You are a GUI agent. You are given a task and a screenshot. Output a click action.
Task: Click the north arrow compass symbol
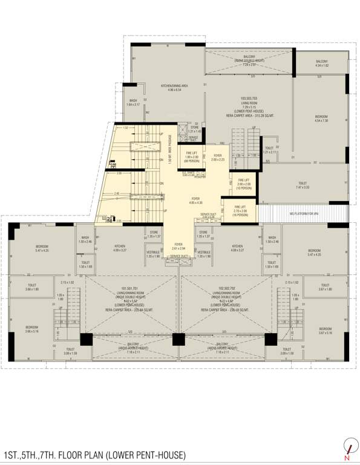click(x=347, y=446)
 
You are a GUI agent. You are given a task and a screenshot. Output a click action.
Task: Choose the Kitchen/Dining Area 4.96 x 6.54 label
click(x=174, y=88)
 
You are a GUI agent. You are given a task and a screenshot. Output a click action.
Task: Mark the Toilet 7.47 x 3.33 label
click(x=303, y=185)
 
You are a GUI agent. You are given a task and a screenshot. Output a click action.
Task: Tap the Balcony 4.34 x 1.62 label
click(x=321, y=63)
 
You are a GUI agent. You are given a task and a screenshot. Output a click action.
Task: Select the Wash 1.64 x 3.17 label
click(x=133, y=103)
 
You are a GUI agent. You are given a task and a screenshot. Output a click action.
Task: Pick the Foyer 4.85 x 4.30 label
click(x=196, y=200)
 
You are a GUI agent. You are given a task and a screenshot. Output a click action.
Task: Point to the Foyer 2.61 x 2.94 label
click(x=178, y=246)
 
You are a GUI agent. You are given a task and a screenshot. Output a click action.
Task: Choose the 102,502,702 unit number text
click(x=224, y=288)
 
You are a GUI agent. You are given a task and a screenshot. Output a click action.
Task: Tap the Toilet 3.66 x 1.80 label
click(x=32, y=288)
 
